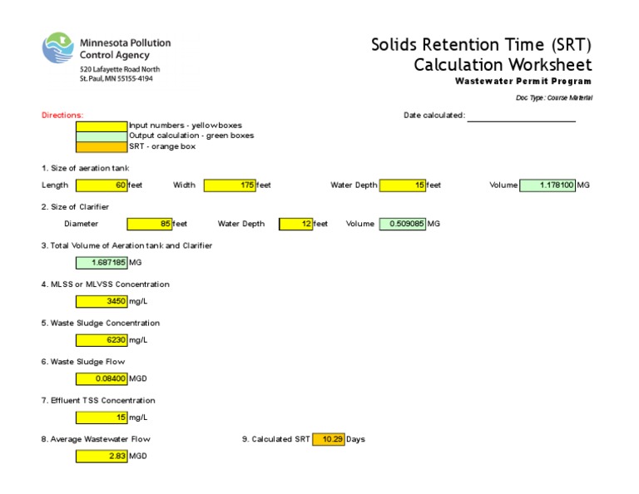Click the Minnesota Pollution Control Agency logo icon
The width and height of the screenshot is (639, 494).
[x=58, y=48]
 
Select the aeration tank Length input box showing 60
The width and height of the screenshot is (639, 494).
[x=102, y=185]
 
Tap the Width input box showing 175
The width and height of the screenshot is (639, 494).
[x=230, y=185]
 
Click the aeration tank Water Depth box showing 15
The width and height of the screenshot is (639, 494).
[x=403, y=185]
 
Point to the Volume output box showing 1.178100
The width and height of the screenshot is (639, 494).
[x=547, y=185]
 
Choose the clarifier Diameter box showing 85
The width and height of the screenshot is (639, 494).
[x=149, y=224]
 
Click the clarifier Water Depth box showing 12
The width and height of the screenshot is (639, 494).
[x=295, y=224]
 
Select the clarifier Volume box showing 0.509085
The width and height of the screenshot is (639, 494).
[x=403, y=224]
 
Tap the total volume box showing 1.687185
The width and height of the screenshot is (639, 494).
[x=102, y=263]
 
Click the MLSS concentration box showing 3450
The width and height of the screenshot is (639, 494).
[x=102, y=301]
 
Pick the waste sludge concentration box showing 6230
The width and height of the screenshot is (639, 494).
[x=102, y=340]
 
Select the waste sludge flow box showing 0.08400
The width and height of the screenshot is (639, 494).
[x=102, y=379]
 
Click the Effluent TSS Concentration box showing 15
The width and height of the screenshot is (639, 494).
[x=102, y=417]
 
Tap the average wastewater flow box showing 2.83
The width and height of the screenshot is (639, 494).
[x=102, y=457]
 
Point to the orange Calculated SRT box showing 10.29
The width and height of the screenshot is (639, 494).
[x=329, y=439]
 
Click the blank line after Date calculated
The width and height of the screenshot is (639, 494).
[x=521, y=116]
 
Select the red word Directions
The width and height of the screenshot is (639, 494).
[x=62, y=116]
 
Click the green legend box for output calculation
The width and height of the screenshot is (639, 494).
[x=102, y=136]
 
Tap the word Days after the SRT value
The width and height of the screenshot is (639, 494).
[x=355, y=439]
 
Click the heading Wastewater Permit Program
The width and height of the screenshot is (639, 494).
[x=523, y=82]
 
